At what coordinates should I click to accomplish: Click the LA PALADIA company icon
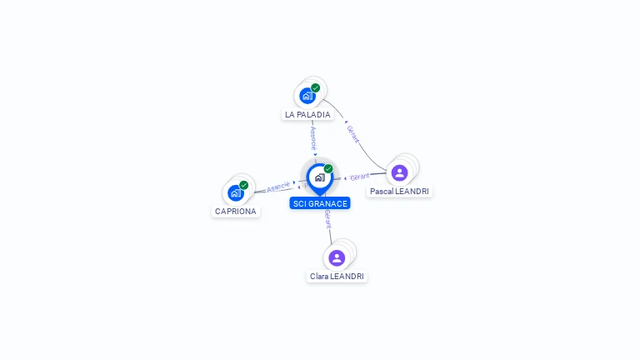tap(307, 96)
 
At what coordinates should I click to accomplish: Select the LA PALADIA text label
tap(307, 115)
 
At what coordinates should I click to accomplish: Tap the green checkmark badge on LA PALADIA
tap(316, 87)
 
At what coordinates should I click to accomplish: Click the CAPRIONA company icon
tap(236, 193)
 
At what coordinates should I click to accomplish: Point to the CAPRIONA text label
tap(236, 212)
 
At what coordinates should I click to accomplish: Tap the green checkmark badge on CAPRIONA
tap(244, 185)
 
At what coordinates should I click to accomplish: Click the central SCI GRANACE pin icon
tap(319, 177)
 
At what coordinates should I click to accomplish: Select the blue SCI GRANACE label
tap(320, 203)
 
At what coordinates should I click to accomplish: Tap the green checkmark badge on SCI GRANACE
tap(328, 169)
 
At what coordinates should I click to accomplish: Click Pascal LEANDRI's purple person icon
tap(399, 172)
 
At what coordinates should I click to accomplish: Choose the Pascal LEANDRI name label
tap(401, 192)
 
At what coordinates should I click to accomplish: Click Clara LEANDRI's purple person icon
tap(337, 257)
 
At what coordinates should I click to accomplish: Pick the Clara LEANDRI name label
tap(337, 277)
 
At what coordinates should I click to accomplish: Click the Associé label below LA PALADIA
tap(313, 138)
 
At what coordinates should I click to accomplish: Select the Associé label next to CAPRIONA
tap(278, 187)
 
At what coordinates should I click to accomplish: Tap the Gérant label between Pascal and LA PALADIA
tap(352, 134)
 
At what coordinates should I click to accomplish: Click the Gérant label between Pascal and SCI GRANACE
tap(360, 177)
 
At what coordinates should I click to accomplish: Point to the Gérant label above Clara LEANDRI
tap(327, 219)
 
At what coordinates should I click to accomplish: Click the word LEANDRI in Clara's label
tap(347, 277)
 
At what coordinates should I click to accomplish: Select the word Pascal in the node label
tap(382, 192)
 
